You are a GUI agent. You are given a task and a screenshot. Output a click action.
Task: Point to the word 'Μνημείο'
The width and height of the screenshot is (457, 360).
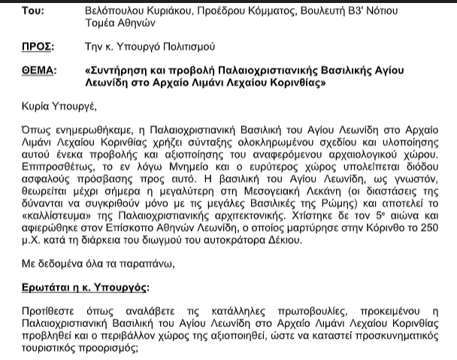tap(175, 167)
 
